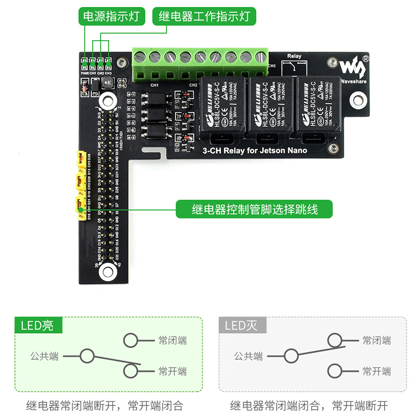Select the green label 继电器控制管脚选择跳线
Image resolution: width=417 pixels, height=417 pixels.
pos(254,210)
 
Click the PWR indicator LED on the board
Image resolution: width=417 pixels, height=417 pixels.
pos(84,64)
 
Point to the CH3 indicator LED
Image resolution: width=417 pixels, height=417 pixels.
pos(108,64)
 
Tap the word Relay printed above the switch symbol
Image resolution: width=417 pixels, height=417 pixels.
pos(294,56)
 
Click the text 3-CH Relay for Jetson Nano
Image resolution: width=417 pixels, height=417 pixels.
pos(254,151)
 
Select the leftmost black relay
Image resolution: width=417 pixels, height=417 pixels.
pos(223,108)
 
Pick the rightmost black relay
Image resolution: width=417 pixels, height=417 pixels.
pos(315,108)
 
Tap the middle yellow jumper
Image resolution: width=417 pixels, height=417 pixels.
pos(80,182)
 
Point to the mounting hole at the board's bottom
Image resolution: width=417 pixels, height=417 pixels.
pos(108,270)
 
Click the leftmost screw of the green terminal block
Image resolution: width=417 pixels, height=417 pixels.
pos(140,57)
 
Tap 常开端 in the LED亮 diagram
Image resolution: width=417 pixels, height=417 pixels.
pos(173,371)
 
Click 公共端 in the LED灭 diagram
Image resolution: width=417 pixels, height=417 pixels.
pos(248,357)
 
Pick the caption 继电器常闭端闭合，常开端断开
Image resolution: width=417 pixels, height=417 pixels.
pos(310,405)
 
